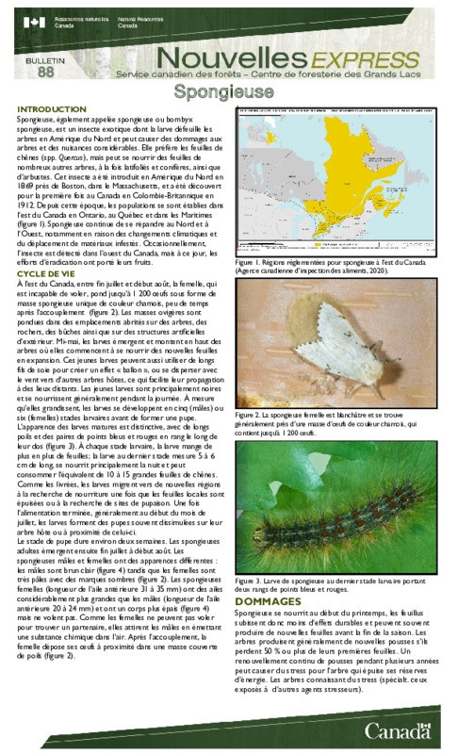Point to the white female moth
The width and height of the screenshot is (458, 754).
344,353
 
